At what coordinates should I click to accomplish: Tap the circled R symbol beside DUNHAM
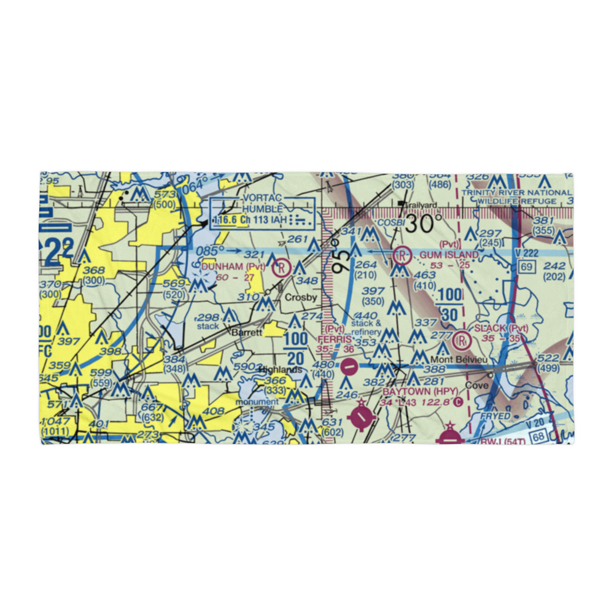coord(281,267)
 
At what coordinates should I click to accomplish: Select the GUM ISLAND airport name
coord(449,254)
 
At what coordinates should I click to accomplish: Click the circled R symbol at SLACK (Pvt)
coord(462,338)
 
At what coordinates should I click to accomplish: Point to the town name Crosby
coord(301,298)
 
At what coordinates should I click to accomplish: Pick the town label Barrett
coord(247,332)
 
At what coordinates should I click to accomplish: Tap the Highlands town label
coord(280,370)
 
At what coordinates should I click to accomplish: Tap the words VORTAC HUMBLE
coord(263,203)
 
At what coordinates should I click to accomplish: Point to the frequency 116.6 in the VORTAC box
coord(225,219)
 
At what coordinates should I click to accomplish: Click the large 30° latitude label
coord(423,223)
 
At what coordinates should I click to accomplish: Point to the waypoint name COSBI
coord(390,222)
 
